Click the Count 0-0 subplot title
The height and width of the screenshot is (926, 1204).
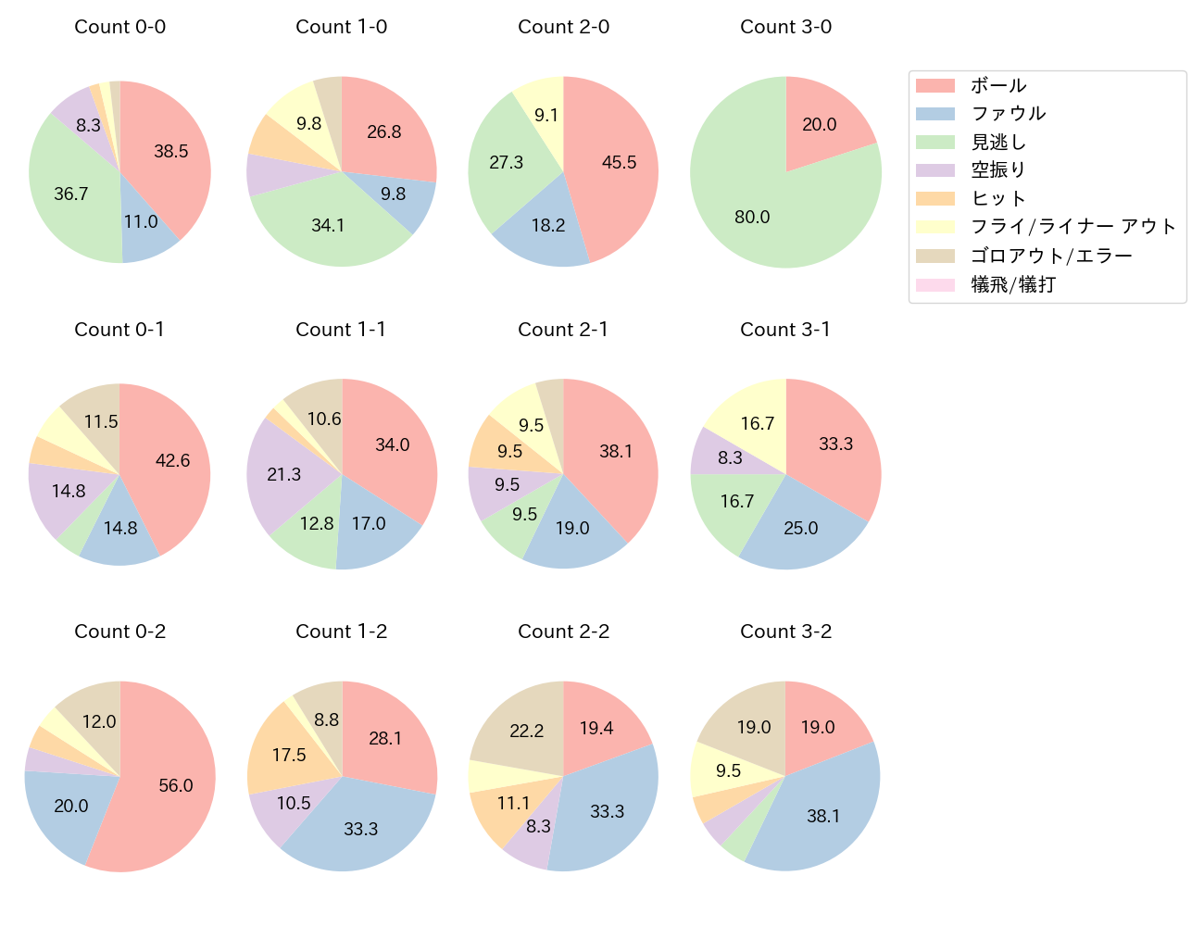coord(119,27)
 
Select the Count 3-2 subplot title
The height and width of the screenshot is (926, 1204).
coord(785,632)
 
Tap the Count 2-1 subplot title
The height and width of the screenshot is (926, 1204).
coord(563,330)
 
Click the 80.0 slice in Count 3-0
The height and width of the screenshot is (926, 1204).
coord(752,217)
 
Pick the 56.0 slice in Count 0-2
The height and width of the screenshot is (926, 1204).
coord(175,785)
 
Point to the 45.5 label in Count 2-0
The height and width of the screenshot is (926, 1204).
coord(619,163)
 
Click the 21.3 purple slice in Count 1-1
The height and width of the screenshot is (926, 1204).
coord(283,474)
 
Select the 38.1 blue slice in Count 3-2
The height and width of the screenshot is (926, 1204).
coord(823,815)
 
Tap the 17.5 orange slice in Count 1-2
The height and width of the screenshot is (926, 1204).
coord(289,755)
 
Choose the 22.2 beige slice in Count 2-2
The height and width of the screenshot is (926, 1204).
coord(526,731)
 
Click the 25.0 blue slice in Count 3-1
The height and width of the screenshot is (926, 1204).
coord(801,528)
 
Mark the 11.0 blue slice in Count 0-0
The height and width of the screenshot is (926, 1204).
coord(141,222)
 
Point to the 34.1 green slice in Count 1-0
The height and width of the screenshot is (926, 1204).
coord(328,225)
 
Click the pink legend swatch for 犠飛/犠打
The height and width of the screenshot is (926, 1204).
coord(935,285)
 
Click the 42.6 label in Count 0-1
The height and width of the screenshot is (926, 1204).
coord(172,460)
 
